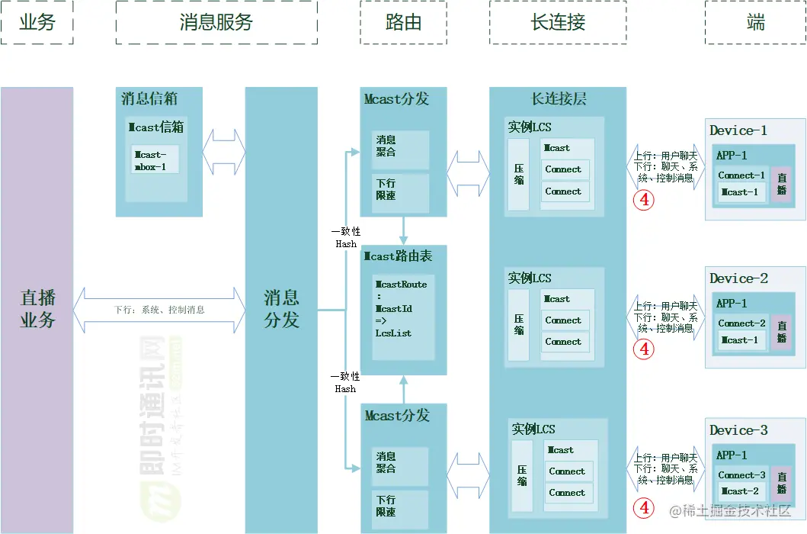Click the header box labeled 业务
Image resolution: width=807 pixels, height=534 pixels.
[37, 22]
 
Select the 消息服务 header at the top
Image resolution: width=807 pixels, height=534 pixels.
[216, 22]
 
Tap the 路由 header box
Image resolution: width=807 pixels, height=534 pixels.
[403, 22]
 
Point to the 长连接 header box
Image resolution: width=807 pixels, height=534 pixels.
[558, 22]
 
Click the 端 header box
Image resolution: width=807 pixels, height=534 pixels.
[755, 22]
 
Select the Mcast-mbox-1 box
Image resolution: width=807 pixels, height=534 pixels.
[155, 159]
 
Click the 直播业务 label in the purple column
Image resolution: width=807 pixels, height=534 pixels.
[37, 308]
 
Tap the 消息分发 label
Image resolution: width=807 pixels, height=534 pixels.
[281, 308]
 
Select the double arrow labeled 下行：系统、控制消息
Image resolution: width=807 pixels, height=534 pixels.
[159, 310]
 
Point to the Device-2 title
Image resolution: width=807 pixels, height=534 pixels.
[738, 278]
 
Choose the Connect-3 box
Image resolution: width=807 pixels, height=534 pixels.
[741, 474]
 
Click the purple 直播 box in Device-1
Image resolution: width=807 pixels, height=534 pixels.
[781, 185]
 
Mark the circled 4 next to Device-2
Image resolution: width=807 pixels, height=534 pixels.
[645, 349]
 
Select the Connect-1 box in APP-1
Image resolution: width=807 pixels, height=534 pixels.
[741, 175]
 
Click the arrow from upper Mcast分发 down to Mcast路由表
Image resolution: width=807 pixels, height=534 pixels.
[403, 230]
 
